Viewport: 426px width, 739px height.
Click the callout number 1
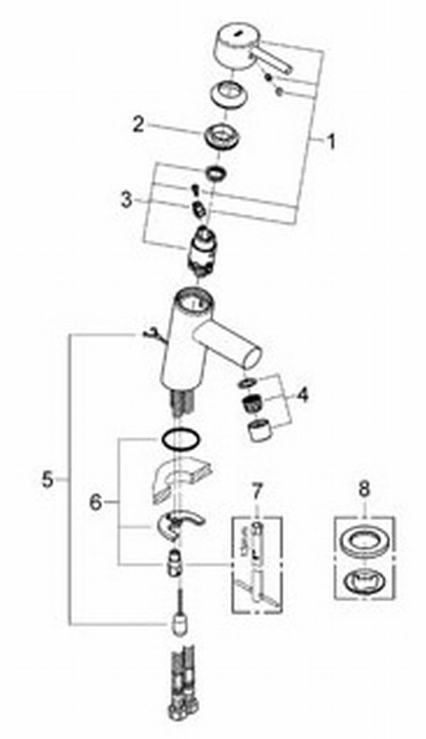tap(331, 142)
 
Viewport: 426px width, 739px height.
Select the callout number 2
tap(139, 125)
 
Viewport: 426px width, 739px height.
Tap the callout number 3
tap(126, 200)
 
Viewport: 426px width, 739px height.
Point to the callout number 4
tap(302, 395)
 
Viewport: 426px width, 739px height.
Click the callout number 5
tap(47, 479)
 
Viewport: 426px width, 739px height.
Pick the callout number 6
tap(95, 502)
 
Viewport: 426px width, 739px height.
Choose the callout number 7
tap(257, 491)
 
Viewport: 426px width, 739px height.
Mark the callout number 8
tap(364, 490)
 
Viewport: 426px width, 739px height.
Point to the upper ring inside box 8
tap(364, 542)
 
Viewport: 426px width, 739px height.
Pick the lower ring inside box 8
tap(364, 579)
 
